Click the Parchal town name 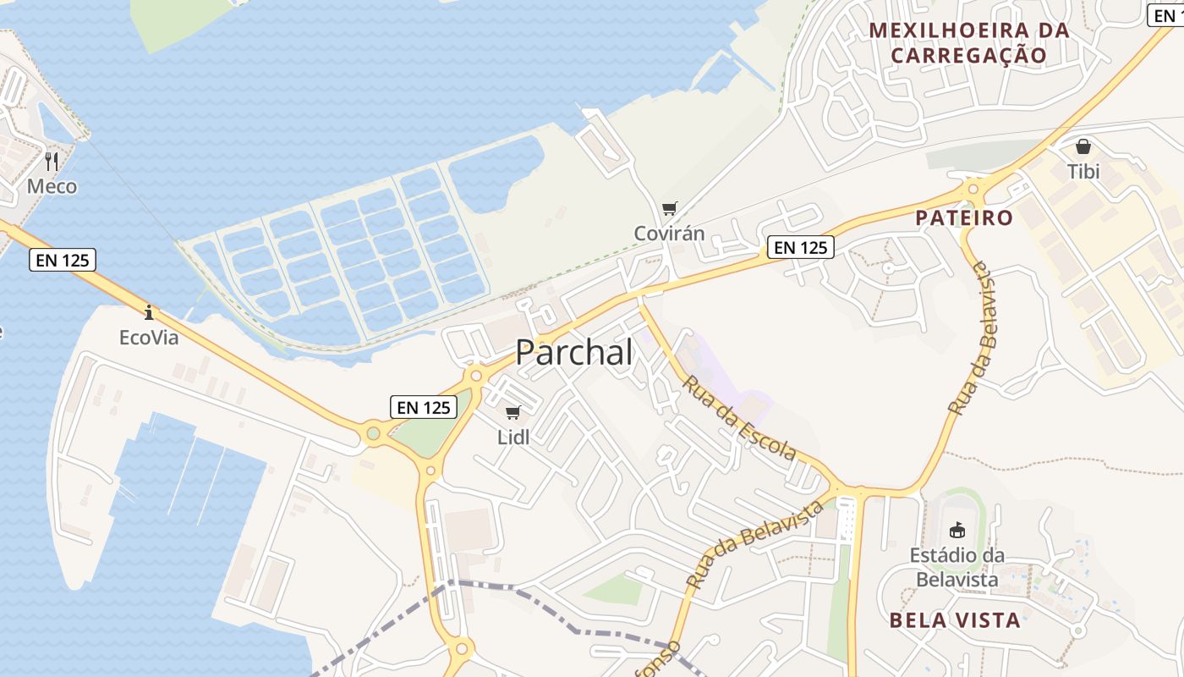coord(574,352)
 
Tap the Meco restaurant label coord(52,186)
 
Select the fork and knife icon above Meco coord(52,161)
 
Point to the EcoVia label coord(149,338)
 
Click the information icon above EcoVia coord(149,313)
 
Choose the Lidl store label coord(513,438)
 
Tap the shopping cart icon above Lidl coord(513,413)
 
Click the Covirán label coord(670,233)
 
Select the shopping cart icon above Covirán coord(670,208)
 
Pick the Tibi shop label coord(1083,172)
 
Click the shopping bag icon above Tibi coord(1083,146)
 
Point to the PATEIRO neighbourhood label coord(964,217)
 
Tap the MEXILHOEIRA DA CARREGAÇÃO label coord(969,43)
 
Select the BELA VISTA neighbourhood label coord(955,619)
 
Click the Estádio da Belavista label coord(957,567)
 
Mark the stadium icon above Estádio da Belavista coord(957,531)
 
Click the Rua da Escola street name coord(739,418)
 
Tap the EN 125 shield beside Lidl coord(424,407)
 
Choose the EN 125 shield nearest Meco coord(63,260)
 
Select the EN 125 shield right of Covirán coord(801,247)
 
